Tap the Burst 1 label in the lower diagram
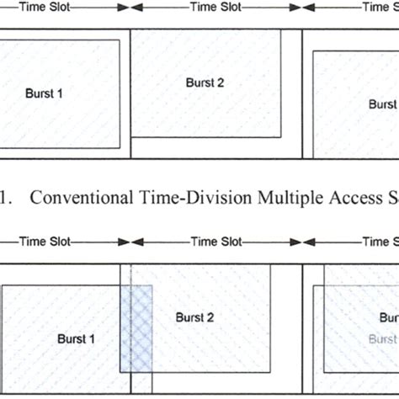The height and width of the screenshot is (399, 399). coord(75,339)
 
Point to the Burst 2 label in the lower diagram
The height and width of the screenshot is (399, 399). coord(194,317)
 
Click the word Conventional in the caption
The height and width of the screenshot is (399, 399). coord(79,199)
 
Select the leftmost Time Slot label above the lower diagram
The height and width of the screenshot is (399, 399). coord(45,242)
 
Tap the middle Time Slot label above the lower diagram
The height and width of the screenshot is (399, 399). coord(216,242)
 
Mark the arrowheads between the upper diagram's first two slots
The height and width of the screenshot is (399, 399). coord(130,8)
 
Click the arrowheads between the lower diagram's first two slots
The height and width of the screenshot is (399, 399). coord(130,242)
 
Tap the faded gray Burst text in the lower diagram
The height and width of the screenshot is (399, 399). coord(383,339)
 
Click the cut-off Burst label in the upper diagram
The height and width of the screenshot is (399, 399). coord(383,104)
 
